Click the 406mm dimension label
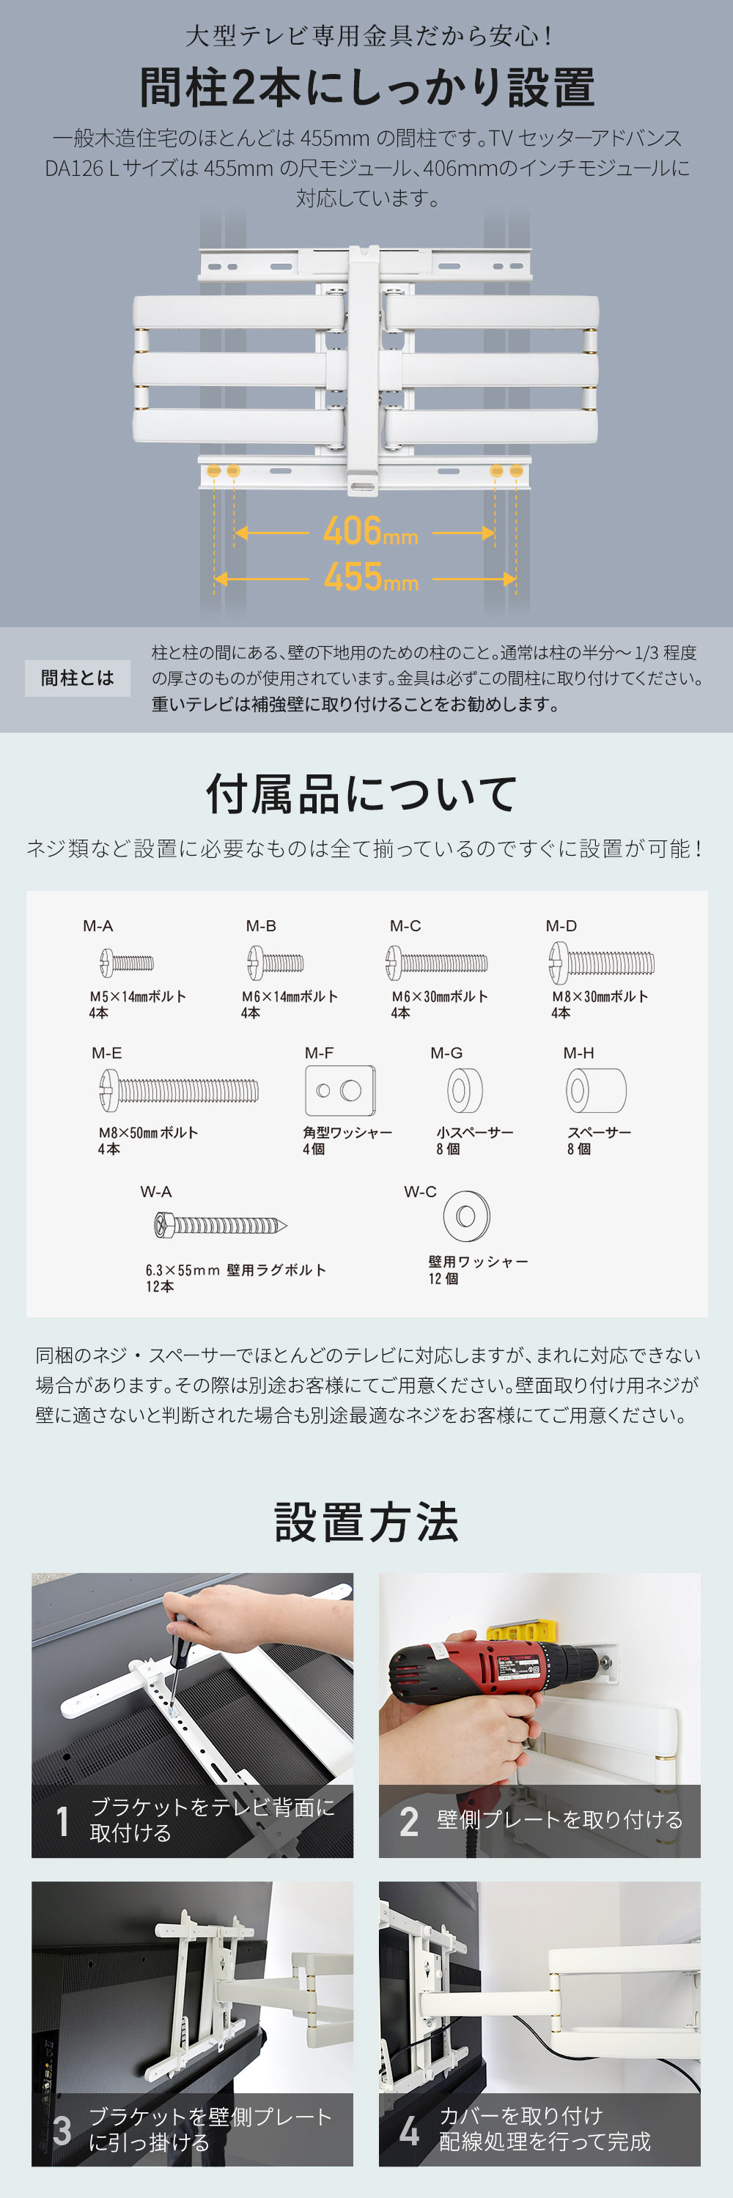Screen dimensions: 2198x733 369,533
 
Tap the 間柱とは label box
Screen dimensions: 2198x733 77,678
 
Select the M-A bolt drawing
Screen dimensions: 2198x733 127,963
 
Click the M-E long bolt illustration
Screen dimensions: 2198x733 178,1090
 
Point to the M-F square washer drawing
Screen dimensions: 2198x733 339,1089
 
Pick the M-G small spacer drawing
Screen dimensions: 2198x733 464,1089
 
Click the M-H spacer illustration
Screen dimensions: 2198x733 596,1089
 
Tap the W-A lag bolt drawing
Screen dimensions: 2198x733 220,1226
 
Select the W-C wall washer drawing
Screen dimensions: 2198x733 466,1216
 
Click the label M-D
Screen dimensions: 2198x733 561,926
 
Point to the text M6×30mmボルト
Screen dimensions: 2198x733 440,996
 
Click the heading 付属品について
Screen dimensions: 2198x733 362,793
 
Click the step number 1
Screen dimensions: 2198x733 62,1821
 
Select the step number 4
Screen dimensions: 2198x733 409,2130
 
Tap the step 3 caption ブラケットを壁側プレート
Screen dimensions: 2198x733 210,2117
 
